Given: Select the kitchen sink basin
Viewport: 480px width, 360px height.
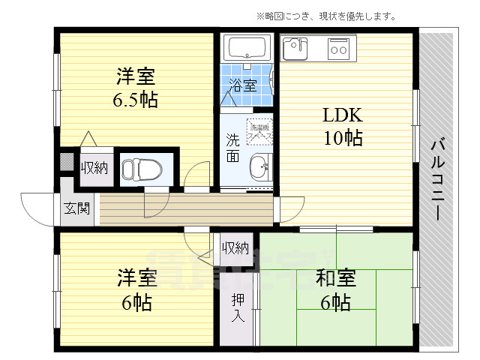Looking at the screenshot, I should pyautogui.click(x=294, y=49).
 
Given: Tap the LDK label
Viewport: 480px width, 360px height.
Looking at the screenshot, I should pyautogui.click(x=342, y=115).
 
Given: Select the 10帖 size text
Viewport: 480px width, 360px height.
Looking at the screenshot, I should pyautogui.click(x=343, y=138).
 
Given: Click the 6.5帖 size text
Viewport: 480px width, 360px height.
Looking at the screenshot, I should pyautogui.click(x=136, y=100).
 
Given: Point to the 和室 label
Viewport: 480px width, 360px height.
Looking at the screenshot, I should pyautogui.click(x=330, y=279).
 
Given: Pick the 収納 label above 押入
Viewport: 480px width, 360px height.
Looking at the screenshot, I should pyautogui.click(x=235, y=248).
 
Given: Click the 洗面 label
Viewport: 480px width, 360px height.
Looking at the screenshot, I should pyautogui.click(x=234, y=147).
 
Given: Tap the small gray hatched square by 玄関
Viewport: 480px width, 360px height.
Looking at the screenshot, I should pyautogui.click(x=67, y=163).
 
